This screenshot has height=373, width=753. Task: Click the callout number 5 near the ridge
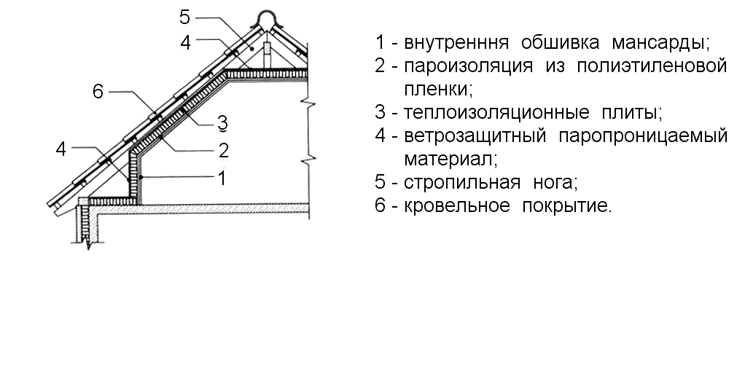(185, 17)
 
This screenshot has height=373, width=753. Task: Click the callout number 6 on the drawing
(98, 92)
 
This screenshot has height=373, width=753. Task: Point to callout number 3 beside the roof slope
(223, 123)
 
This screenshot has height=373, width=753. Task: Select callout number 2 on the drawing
(223, 151)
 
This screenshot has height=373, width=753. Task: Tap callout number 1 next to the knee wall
(222, 178)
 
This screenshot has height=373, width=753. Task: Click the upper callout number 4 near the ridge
(186, 43)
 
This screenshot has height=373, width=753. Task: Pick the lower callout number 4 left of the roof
(61, 149)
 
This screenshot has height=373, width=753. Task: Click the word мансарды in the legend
(661, 43)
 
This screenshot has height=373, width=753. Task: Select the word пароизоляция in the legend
(468, 66)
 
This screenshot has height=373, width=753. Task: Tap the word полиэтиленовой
(651, 66)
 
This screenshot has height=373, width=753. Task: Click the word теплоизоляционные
(496, 113)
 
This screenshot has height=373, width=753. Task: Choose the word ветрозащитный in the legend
(475, 136)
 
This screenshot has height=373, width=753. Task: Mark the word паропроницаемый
(643, 136)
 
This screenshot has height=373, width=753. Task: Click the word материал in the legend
(450, 159)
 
